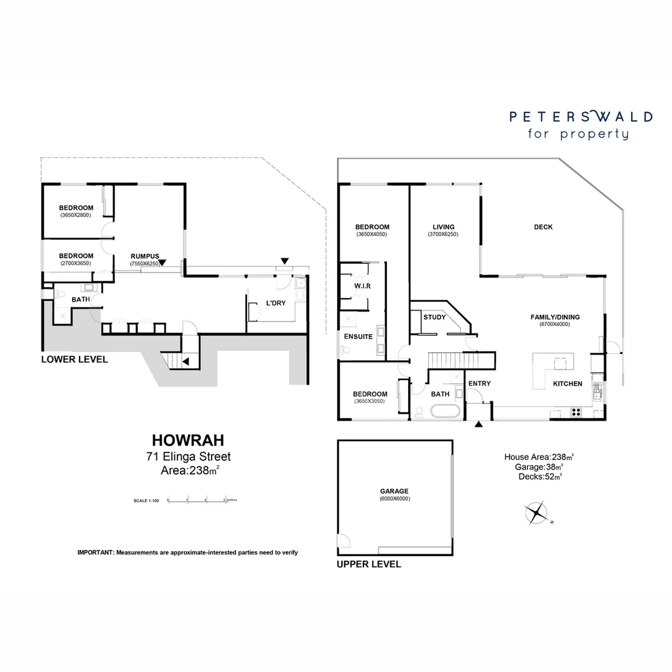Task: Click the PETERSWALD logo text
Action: pyautogui.click(x=581, y=116)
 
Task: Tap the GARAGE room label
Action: pyautogui.click(x=394, y=491)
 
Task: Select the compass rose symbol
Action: pyautogui.click(x=536, y=513)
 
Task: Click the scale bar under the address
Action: pyautogui.click(x=197, y=500)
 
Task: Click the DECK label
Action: pyautogui.click(x=543, y=227)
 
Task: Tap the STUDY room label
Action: pyautogui.click(x=434, y=317)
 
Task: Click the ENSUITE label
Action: pyautogui.click(x=358, y=337)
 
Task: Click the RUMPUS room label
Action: pyautogui.click(x=144, y=256)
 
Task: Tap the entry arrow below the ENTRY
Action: pyautogui.click(x=478, y=424)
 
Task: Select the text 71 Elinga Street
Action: pyautogui.click(x=188, y=457)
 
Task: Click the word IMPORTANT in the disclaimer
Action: pyautogui.click(x=95, y=553)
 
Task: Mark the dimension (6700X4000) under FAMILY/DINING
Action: pyautogui.click(x=550, y=324)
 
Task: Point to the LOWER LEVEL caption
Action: pyautogui.click(x=74, y=359)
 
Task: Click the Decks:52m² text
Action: pyautogui.click(x=540, y=477)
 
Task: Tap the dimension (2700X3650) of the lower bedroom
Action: pyautogui.click(x=76, y=263)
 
